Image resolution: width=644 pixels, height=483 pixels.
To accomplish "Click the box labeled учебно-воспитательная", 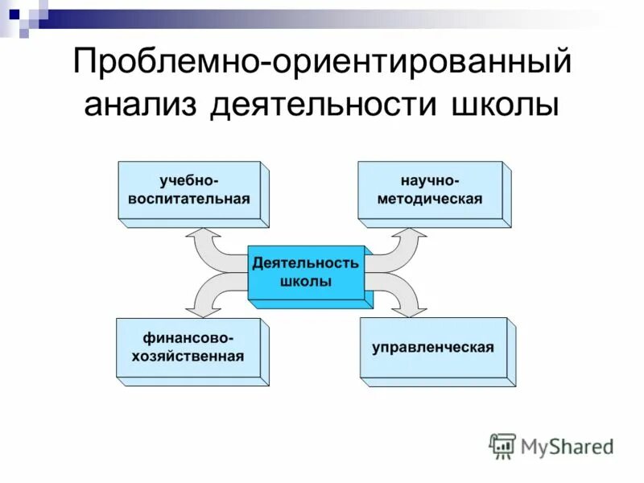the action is click(x=189, y=191).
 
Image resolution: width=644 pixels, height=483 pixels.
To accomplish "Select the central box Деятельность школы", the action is click(x=306, y=272).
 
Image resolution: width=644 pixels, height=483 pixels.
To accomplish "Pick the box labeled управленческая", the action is click(x=433, y=349).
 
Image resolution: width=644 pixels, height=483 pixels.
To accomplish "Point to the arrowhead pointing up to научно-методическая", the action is click(x=411, y=236).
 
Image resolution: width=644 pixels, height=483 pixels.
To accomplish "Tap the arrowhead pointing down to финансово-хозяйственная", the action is click(x=200, y=307).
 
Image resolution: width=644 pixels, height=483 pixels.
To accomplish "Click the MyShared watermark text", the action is click(x=567, y=446).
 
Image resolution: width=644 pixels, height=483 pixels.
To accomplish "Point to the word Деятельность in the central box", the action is click(x=306, y=263).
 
